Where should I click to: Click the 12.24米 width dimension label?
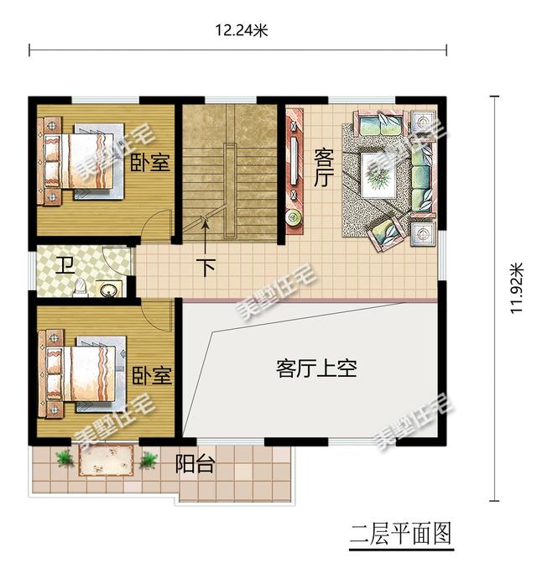pos(241,30)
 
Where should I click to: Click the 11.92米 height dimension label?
pos(517,288)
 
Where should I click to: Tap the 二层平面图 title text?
pos(401,534)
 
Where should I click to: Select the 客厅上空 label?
pos(316,368)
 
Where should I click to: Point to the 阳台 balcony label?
pos(195,464)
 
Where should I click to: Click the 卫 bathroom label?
pos(66,265)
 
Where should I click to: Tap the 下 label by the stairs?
pos(206,267)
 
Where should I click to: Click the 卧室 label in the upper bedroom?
pos(150,162)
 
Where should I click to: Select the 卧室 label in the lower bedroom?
pos(152,375)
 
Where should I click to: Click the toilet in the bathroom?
pos(81,287)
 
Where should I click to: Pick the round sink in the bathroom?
pos(110,290)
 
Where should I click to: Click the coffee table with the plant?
pos(379,175)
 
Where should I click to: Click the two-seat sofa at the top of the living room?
pos(380,123)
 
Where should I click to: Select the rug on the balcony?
pos(107,459)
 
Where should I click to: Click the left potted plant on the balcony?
pos(65,458)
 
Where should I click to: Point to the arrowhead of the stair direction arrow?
pos(206,223)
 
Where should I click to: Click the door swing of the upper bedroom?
pos(155,224)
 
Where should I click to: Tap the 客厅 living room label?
pos(324,168)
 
